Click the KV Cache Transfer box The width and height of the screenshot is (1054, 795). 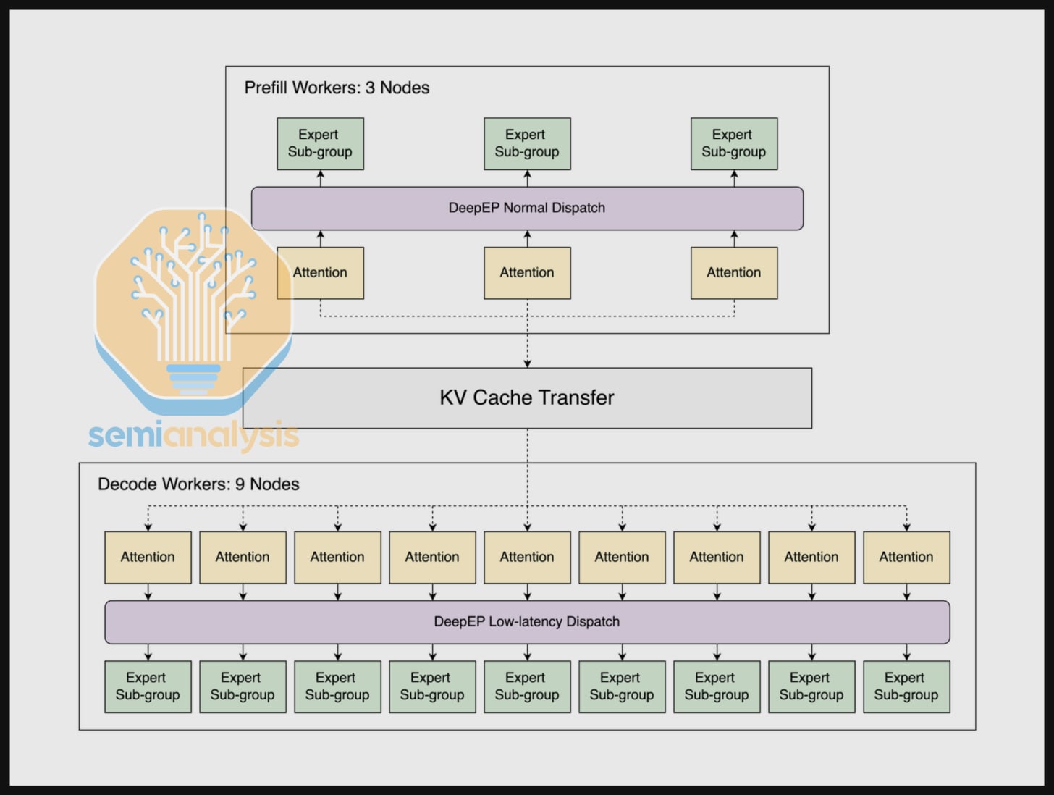tap(527, 397)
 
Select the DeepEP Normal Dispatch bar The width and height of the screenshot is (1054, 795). tap(527, 208)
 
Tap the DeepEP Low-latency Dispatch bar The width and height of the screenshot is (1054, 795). tap(527, 621)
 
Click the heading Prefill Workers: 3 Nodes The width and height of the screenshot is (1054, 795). tap(337, 88)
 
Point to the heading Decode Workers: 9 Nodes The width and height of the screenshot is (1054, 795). tap(198, 484)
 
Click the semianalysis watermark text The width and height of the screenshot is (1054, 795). tap(193, 435)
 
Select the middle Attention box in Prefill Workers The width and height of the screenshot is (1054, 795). tap(527, 273)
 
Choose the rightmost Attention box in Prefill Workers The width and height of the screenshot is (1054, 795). tap(734, 273)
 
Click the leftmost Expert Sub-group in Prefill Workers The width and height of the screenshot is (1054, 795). tap(320, 143)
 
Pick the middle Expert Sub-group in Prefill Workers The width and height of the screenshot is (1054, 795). tap(527, 143)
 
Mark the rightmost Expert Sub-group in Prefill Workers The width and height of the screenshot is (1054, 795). tap(734, 143)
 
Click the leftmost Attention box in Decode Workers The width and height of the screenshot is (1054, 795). tap(148, 557)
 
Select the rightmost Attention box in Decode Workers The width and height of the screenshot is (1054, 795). tap(906, 557)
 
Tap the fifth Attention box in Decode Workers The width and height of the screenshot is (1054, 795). tap(527, 557)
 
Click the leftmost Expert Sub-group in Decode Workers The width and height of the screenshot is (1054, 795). tap(148, 686)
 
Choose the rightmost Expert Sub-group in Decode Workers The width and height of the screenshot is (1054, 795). tap(906, 686)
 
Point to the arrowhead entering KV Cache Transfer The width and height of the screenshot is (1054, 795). tap(527, 363)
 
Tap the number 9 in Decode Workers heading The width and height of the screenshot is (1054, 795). tap(240, 484)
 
